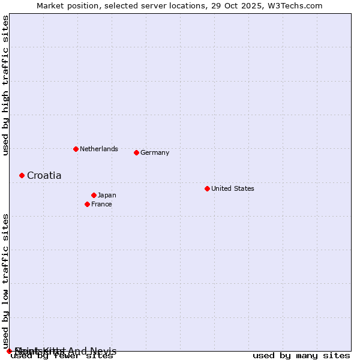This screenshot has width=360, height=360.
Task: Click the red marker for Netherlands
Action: (x=76, y=149)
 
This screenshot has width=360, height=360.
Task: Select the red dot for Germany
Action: (x=136, y=152)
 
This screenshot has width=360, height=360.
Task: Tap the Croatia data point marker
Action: (x=22, y=175)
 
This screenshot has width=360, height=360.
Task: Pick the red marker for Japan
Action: (x=94, y=195)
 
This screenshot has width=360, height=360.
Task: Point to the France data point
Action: (x=87, y=204)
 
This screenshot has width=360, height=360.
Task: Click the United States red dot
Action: (x=207, y=188)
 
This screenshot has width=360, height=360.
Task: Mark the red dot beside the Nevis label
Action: (x=9, y=351)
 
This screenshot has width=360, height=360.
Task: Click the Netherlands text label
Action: (x=98, y=149)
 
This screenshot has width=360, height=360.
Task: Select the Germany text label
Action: (x=155, y=152)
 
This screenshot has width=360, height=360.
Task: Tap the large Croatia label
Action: (x=44, y=175)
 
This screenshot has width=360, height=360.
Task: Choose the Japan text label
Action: (x=107, y=195)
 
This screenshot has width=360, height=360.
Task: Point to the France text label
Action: (x=101, y=204)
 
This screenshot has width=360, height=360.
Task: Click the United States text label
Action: (x=232, y=188)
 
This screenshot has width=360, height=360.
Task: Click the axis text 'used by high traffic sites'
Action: (x=5, y=85)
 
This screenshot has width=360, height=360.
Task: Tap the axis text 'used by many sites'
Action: (x=301, y=356)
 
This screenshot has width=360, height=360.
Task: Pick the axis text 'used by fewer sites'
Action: (x=62, y=356)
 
